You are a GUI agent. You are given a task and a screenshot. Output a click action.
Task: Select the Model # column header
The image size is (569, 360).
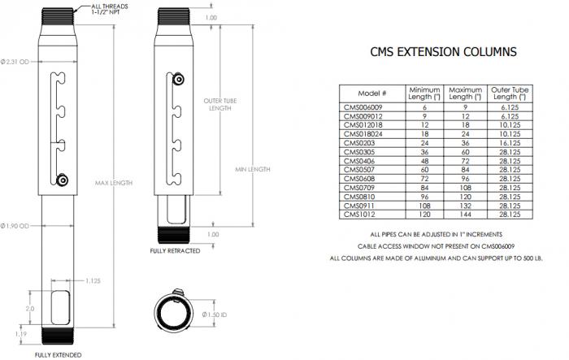pyautogui.click(x=371, y=93)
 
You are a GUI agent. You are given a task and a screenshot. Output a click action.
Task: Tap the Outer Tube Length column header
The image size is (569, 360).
pyautogui.click(x=510, y=93)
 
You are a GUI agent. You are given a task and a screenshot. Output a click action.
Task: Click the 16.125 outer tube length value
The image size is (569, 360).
pyautogui.click(x=510, y=142)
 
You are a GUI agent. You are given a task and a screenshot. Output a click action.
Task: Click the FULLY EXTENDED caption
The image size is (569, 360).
pyautogui.click(x=58, y=355)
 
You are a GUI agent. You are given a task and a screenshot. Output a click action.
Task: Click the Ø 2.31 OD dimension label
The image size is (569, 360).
pyautogui.click(x=15, y=61)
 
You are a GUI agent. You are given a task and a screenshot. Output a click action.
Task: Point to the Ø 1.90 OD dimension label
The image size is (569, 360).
pyautogui.click(x=15, y=224)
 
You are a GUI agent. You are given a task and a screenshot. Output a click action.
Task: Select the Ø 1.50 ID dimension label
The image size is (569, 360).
pyautogui.click(x=213, y=314)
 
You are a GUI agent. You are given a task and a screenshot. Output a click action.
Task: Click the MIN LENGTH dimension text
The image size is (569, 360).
pyautogui.click(x=252, y=169)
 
